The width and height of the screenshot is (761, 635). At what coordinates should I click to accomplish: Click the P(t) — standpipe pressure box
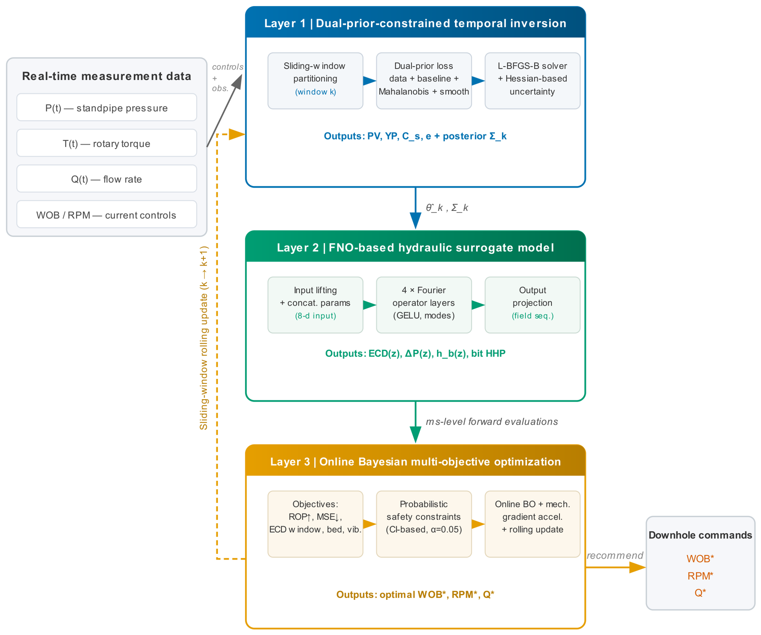coord(107,107)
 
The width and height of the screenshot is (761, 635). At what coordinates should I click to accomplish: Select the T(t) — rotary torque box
coord(107,143)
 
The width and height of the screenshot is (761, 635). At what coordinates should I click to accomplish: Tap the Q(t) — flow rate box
coord(107,179)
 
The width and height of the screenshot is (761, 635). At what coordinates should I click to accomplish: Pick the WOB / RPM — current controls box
coord(107,214)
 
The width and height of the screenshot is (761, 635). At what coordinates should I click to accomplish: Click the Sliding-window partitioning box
coord(315,81)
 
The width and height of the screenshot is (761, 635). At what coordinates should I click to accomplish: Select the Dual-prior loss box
coord(424,81)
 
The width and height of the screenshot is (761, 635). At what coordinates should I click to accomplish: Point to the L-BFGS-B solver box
coord(533,81)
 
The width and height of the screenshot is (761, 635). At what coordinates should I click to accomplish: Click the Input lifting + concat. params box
coord(315,305)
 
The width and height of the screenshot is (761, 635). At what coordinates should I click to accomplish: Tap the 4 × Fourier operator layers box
coord(424,305)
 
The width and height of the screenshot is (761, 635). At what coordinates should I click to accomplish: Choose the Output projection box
coord(533,305)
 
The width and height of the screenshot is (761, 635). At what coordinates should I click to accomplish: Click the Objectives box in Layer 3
coord(315,524)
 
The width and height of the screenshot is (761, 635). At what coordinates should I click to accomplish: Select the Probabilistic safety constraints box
coord(424,524)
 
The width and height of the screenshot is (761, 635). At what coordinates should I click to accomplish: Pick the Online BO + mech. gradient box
coord(533,524)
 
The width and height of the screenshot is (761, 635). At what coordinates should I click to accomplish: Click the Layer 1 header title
coord(415,23)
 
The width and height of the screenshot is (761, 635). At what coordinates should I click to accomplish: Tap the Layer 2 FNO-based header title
coord(415,247)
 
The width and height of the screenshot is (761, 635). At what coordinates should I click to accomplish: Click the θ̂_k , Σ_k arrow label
coord(447,208)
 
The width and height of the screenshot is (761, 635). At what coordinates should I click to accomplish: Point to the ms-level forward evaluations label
coord(492,422)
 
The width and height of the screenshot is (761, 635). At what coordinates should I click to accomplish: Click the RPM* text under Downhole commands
coord(700,576)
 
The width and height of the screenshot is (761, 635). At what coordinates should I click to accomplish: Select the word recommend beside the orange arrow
coord(615,555)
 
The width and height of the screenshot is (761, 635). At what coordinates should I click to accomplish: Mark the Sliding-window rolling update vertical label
coord(204,338)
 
